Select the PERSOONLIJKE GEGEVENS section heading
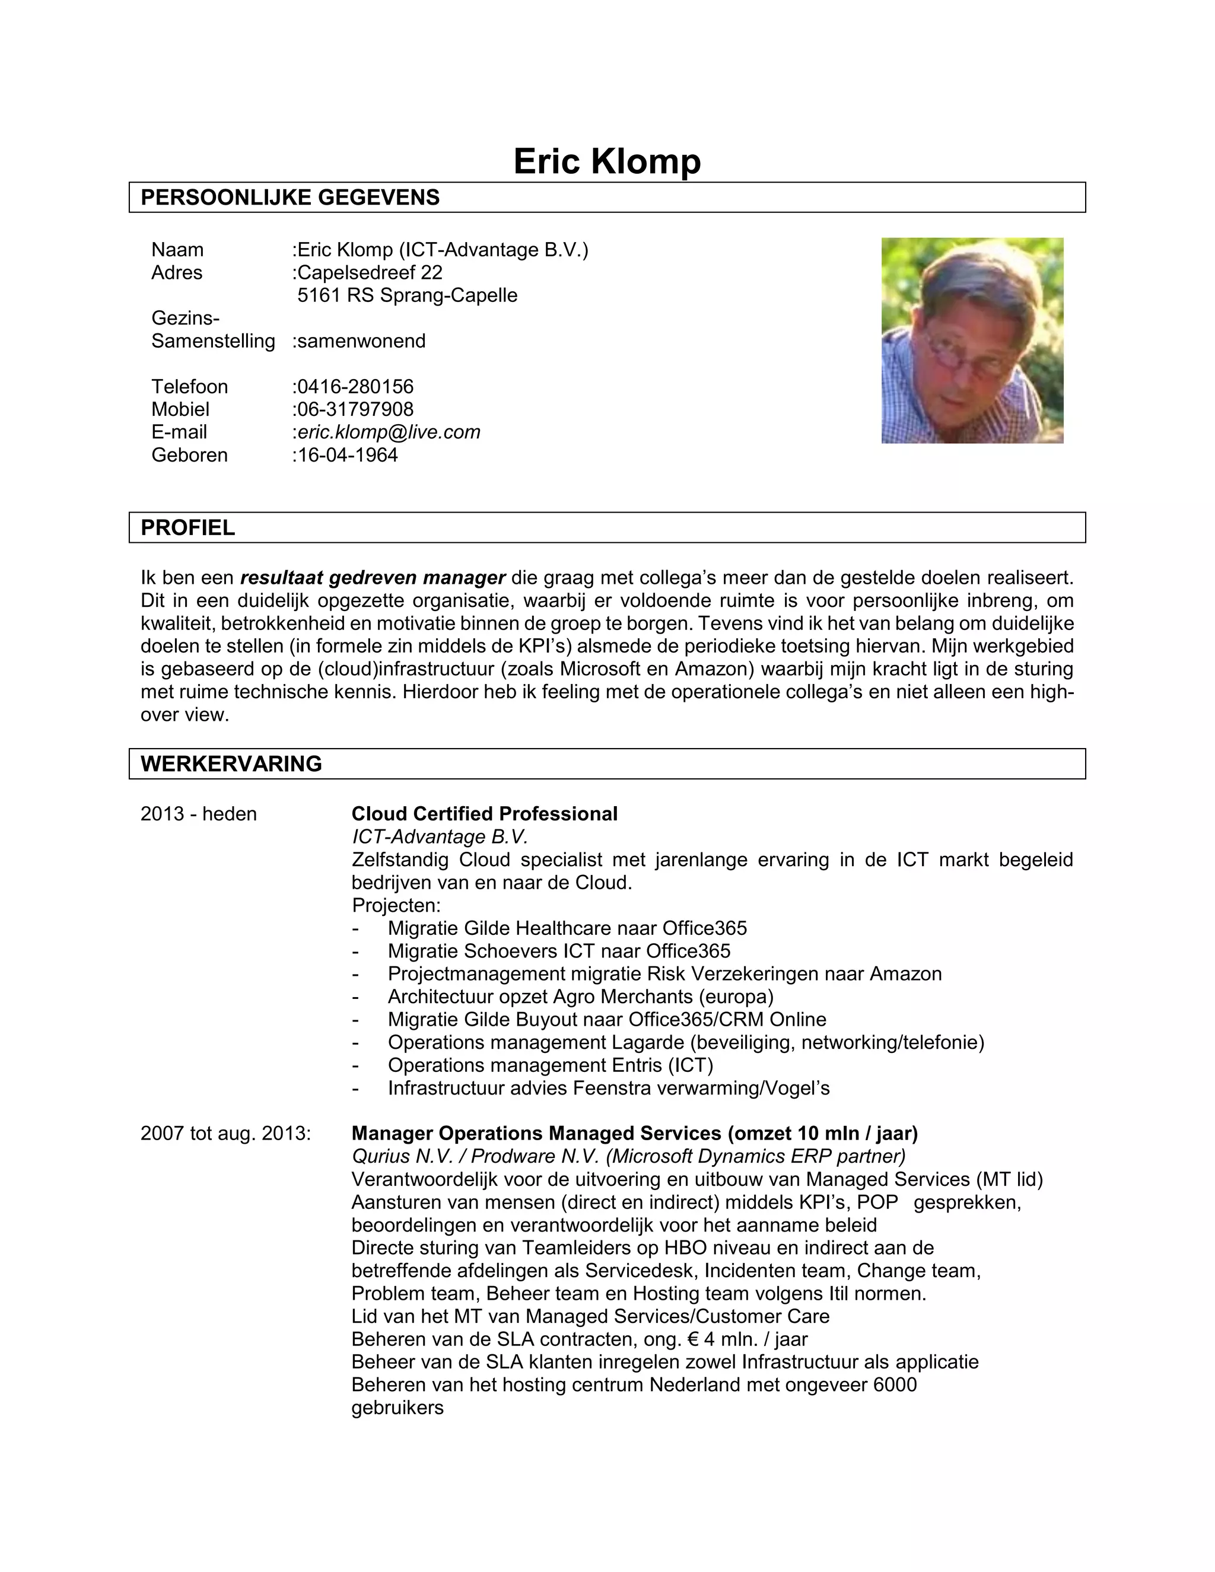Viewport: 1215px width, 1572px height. (x=290, y=197)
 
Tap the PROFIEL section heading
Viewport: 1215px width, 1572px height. (x=188, y=527)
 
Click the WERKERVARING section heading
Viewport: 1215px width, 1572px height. (x=231, y=763)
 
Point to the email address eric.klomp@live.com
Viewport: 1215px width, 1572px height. (x=388, y=432)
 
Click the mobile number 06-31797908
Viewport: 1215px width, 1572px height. (x=355, y=409)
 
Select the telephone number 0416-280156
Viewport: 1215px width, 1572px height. (x=355, y=387)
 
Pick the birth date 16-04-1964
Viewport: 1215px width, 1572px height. (x=347, y=455)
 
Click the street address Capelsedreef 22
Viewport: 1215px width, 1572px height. (x=369, y=272)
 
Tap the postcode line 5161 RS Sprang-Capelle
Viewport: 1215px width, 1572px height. (x=408, y=295)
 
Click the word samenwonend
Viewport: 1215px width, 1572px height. (x=361, y=341)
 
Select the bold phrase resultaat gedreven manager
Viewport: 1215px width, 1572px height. (x=373, y=577)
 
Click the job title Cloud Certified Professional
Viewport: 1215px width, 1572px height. (x=485, y=813)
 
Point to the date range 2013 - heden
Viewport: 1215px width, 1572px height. (x=199, y=813)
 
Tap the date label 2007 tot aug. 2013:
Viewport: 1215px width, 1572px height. (x=225, y=1133)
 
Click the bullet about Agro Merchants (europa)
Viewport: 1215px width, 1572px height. (x=580, y=996)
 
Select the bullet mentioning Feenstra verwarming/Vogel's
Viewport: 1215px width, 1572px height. (x=608, y=1087)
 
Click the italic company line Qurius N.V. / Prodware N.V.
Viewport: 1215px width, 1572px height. (x=628, y=1156)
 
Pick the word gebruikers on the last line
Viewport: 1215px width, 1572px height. (x=397, y=1407)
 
